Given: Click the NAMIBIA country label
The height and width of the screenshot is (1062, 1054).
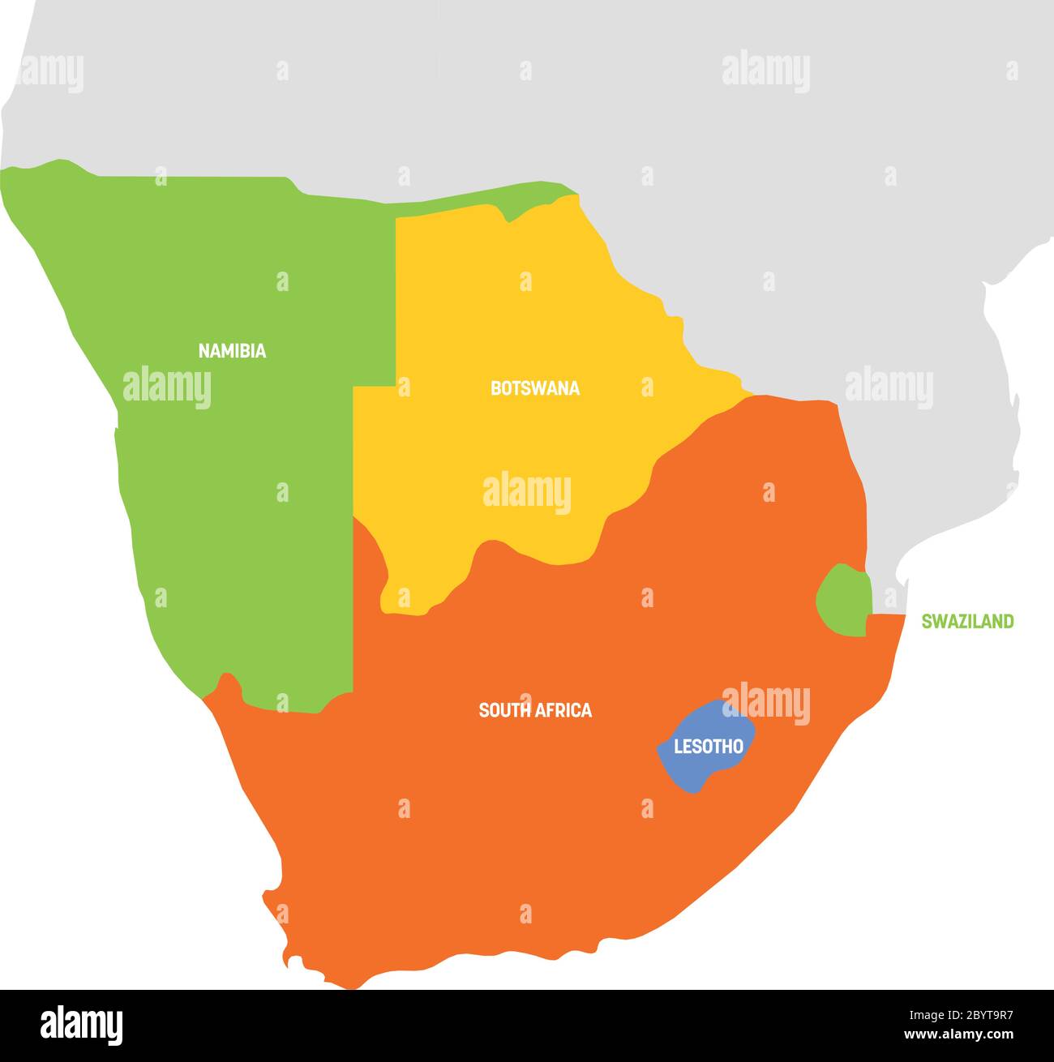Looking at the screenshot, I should [x=232, y=351].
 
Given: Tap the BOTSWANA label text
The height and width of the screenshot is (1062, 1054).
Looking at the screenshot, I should [x=535, y=388].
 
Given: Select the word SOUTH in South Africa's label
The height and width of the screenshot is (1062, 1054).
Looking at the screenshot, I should [x=503, y=710].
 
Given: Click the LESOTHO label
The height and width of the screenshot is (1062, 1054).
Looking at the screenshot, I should [x=709, y=747].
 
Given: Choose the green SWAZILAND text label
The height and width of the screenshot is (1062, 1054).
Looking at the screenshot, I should [x=967, y=622].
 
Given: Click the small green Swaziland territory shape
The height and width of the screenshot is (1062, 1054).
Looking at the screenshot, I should [x=844, y=600].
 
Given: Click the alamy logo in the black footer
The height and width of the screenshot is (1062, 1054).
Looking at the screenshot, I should [x=81, y=1026].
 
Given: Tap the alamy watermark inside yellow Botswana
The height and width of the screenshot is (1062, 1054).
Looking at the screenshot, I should [x=527, y=493].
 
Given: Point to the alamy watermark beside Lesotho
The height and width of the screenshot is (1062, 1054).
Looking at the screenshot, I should [x=766, y=704].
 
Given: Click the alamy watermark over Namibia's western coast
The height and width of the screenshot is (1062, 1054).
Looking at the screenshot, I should [x=167, y=388].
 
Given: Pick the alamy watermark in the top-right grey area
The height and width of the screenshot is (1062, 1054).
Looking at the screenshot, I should [x=765, y=71].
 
